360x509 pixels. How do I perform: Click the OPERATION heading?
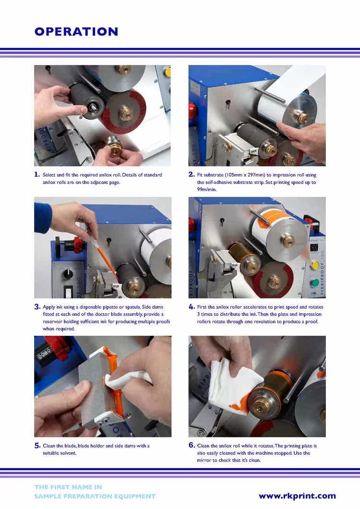click(x=76, y=32)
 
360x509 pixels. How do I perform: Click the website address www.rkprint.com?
click(x=297, y=496)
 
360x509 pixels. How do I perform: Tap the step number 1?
click(x=37, y=175)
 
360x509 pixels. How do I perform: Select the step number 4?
click(x=192, y=307)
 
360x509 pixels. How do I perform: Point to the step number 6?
click(x=192, y=445)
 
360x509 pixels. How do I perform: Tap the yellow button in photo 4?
click(x=314, y=265)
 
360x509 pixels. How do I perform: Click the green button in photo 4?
click(x=314, y=283)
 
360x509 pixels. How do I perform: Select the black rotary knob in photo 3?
click(x=68, y=273)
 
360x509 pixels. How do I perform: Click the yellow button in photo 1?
click(x=168, y=71)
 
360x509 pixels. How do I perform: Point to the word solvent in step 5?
click(x=59, y=453)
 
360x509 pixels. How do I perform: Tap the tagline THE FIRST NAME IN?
click(x=68, y=487)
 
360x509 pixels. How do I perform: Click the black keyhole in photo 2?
click(x=228, y=103)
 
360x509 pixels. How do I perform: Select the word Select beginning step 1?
click(x=49, y=175)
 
